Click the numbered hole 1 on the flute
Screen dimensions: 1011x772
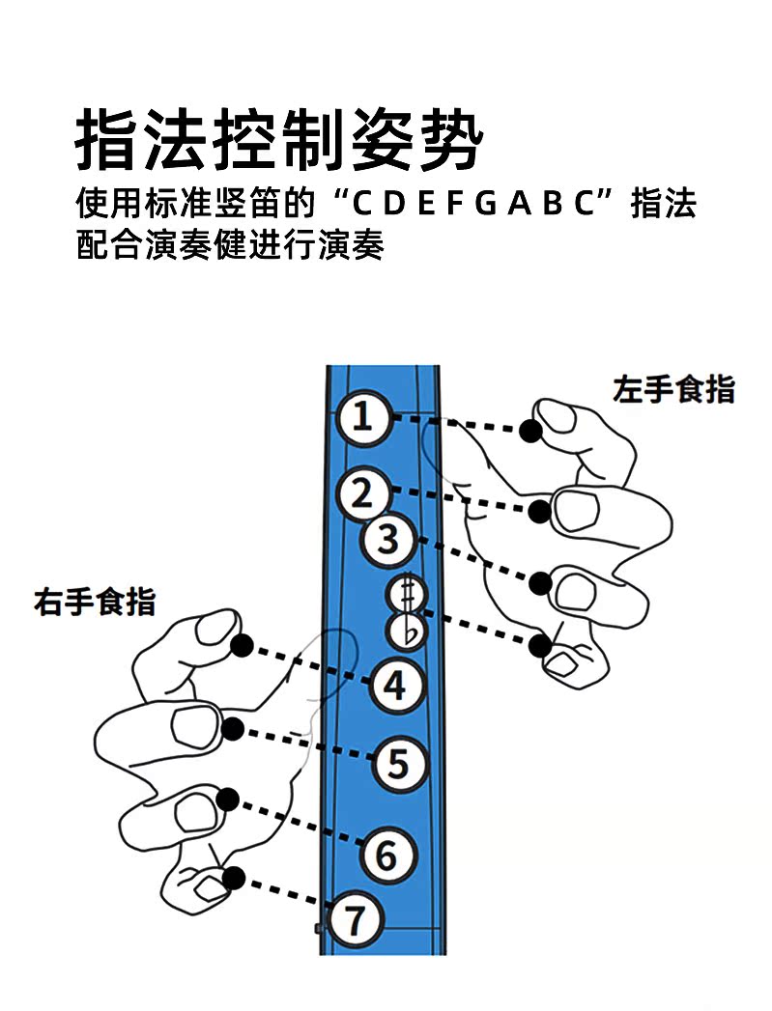[362, 418]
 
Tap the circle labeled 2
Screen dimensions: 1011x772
[362, 494]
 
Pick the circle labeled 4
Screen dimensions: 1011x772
[395, 686]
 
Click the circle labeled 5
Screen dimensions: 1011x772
[399, 764]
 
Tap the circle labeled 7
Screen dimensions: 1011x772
[357, 921]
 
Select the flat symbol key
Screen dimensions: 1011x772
[406, 632]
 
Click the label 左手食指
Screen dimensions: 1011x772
[673, 389]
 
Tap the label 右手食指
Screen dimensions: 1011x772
[95, 602]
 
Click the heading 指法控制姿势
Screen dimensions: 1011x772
[279, 141]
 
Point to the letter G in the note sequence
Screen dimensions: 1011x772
[486, 205]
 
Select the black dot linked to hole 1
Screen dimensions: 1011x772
[529, 431]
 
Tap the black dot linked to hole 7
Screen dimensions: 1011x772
[233, 878]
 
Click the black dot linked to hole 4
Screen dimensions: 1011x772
[243, 645]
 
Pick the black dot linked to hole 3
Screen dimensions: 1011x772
[541, 583]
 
